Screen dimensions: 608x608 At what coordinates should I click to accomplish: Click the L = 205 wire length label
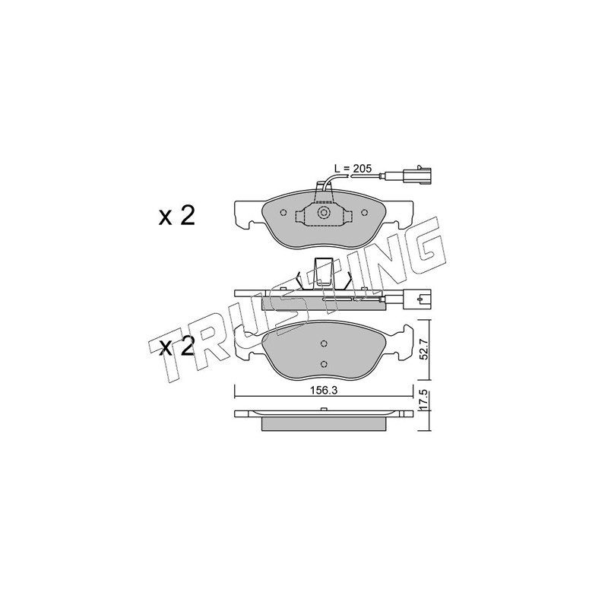point(353,168)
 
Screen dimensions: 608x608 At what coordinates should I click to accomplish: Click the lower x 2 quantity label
point(176,347)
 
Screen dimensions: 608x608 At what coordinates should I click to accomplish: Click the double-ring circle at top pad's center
point(323,213)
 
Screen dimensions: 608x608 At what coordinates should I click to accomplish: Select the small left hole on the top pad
point(283,213)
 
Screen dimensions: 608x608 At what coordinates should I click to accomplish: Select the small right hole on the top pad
point(364,213)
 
